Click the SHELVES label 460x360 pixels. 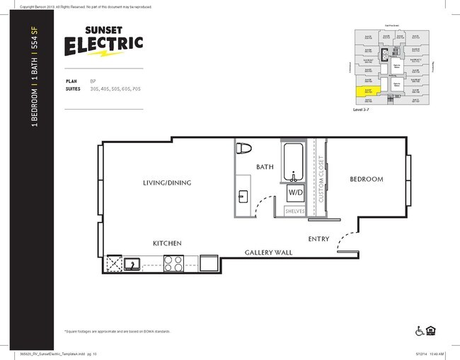295,211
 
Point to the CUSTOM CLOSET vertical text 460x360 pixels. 321,180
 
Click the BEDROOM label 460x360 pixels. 366,180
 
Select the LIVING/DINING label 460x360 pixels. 167,182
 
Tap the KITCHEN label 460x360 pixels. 167,243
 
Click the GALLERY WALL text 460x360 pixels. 268,252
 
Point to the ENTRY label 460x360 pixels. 318,239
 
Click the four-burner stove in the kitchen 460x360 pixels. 174,264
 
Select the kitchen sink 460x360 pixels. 132,265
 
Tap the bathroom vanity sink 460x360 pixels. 243,196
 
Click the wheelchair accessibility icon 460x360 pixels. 419,330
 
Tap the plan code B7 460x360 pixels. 93,81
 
